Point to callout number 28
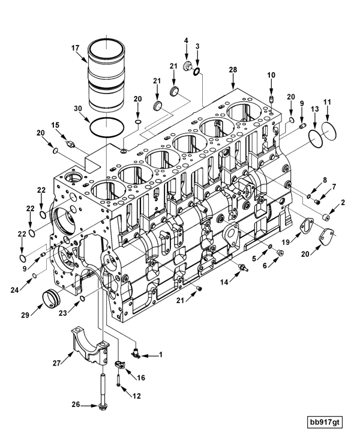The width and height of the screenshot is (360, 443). [233, 70]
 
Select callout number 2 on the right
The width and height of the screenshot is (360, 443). [343, 203]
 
